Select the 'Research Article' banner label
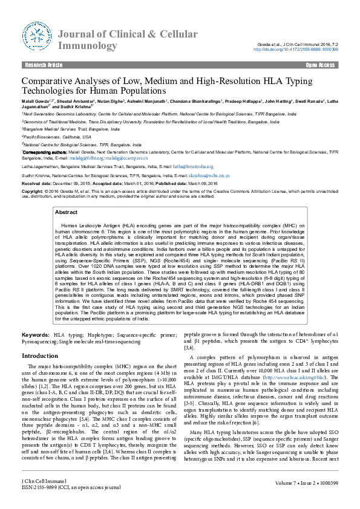click(x=43, y=65)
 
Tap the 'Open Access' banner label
click(x=320, y=65)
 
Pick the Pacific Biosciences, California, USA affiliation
click(x=57, y=137)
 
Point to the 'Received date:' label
click(x=37, y=183)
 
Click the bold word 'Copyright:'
click(x=33, y=190)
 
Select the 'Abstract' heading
click(x=66, y=213)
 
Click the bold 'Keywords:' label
click(x=36, y=335)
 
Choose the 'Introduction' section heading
click(x=40, y=357)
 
